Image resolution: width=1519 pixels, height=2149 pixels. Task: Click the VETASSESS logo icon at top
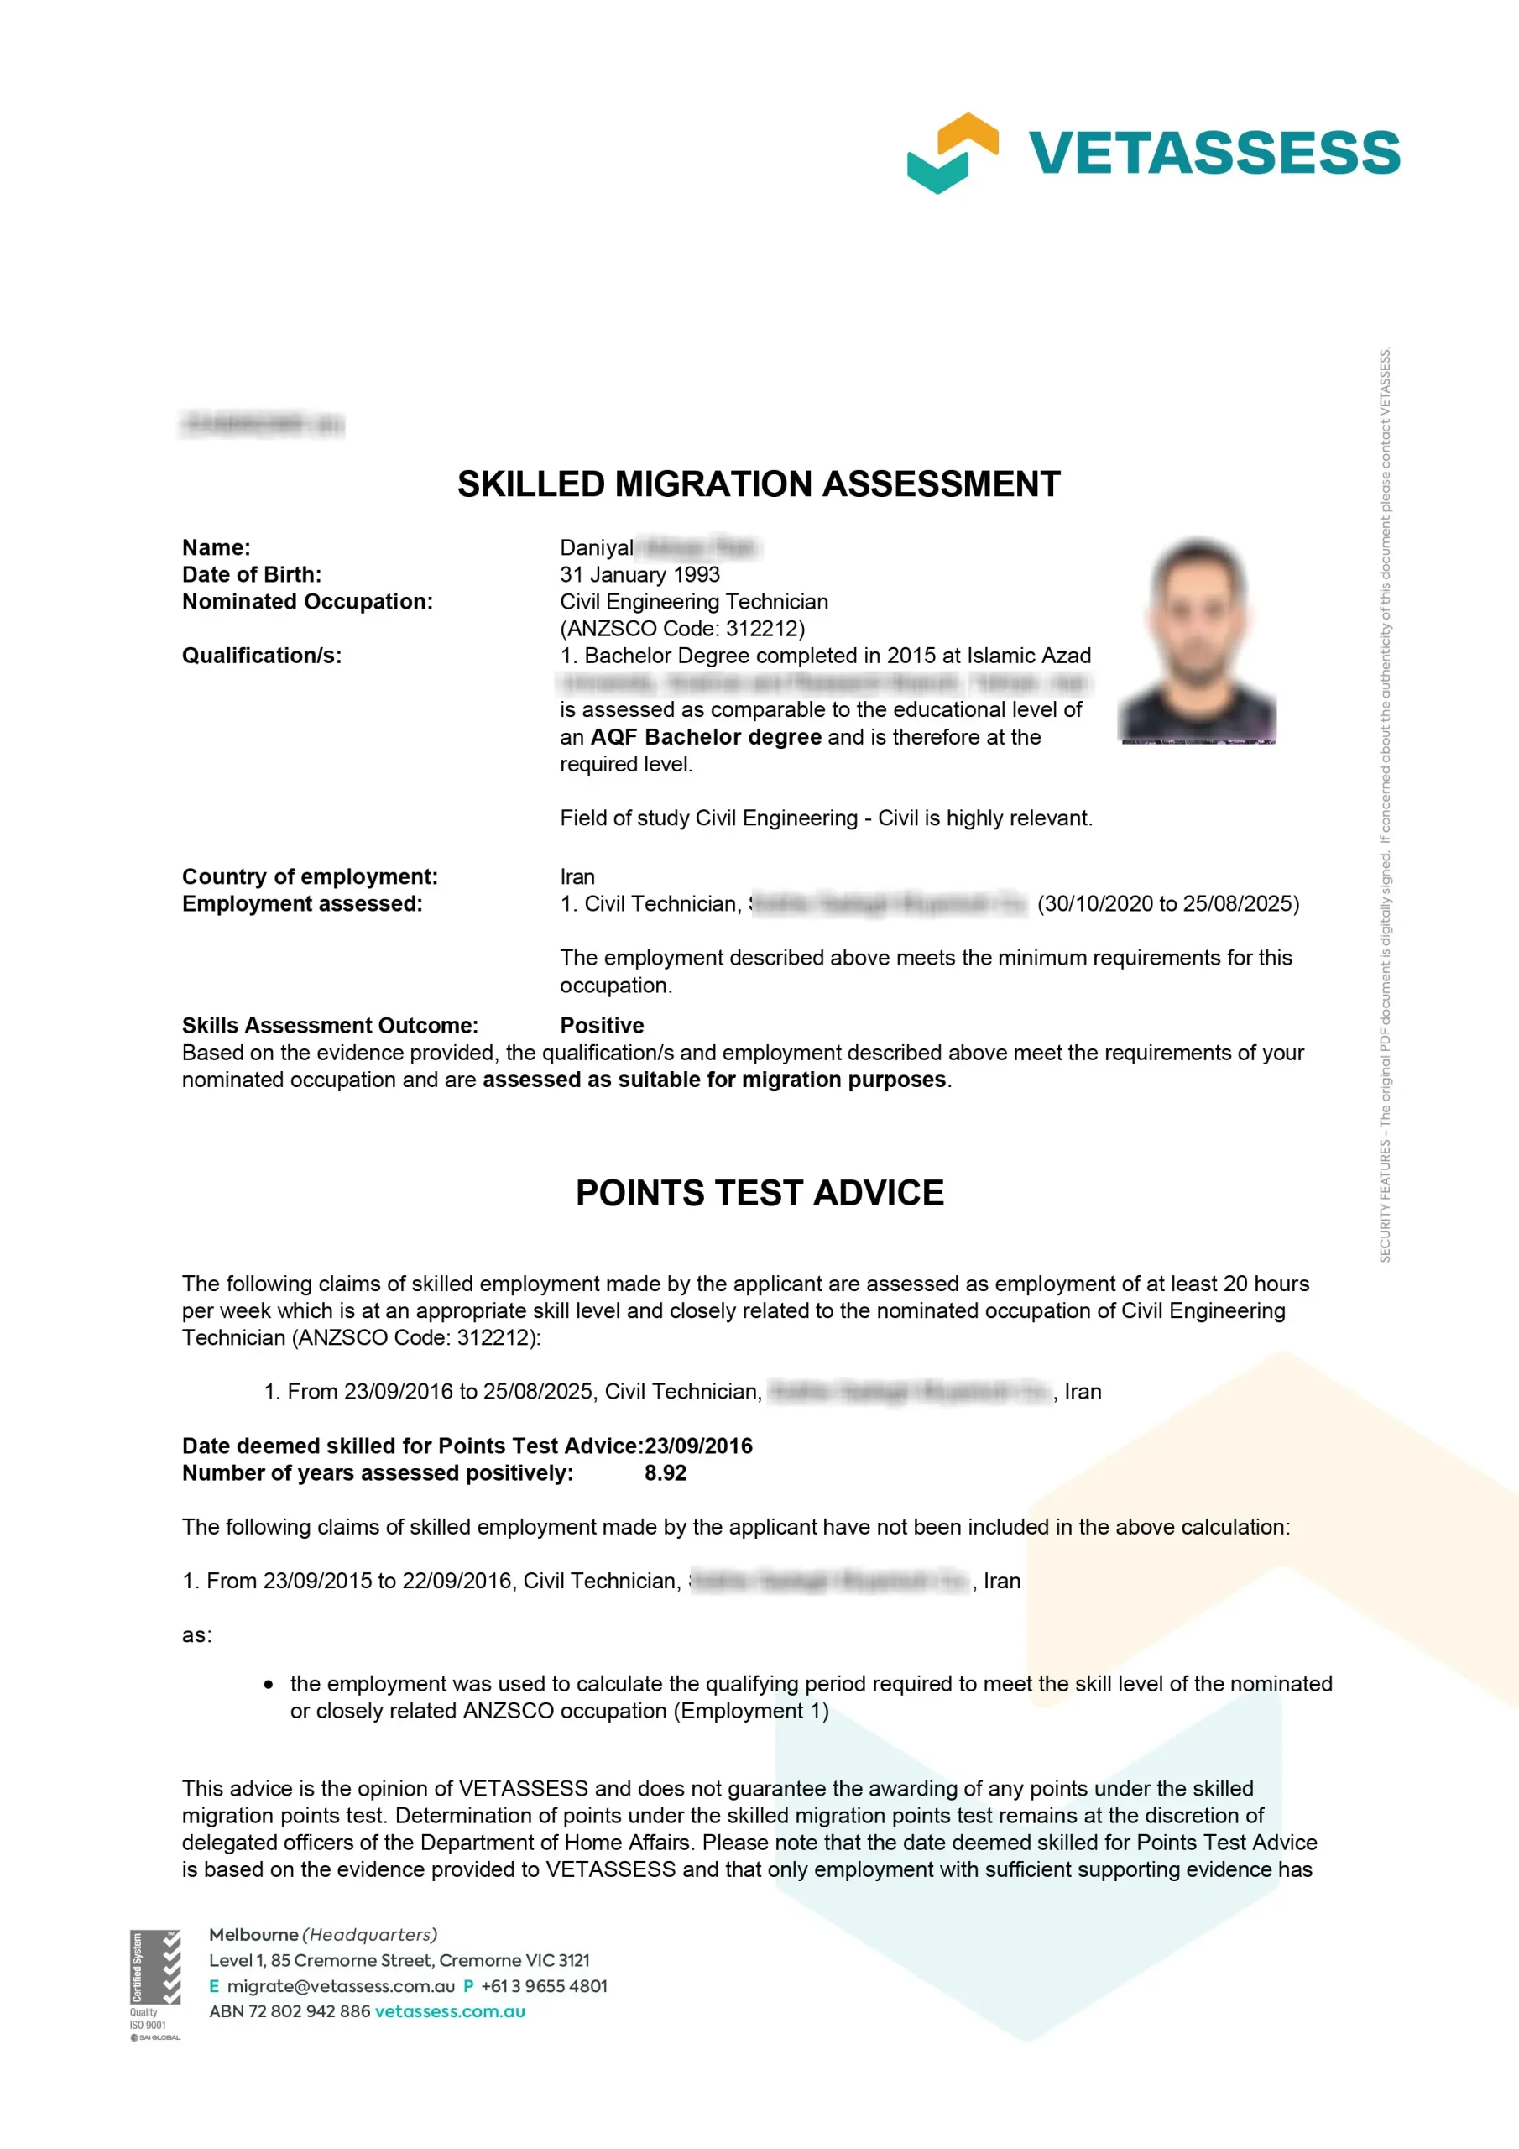pos(952,153)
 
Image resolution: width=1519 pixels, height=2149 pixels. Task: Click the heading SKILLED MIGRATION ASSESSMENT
pos(758,484)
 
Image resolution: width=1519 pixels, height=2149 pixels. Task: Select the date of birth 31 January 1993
pos(639,575)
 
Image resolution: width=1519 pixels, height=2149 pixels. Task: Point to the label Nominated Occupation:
pos(307,602)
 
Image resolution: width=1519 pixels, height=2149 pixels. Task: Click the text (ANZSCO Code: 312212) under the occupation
pos(681,628)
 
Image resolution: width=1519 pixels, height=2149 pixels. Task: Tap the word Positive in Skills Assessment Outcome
pos(602,1025)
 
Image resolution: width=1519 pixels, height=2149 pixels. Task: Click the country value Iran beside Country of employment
pos(577,877)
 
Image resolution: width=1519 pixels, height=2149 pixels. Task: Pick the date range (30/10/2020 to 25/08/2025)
pos(1168,904)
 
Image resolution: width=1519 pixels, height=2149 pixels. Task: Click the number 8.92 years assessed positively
pos(665,1472)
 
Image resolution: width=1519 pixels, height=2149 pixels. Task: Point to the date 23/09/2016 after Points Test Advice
pos(698,1446)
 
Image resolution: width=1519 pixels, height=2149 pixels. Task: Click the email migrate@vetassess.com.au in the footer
pos(341,1985)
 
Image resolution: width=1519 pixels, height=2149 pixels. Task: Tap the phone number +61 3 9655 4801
pos(544,1985)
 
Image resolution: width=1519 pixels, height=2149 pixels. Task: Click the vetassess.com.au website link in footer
pos(449,2010)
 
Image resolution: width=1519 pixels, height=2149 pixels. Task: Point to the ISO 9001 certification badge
pos(154,1984)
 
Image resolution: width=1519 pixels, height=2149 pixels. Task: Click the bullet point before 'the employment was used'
pos(269,1684)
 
